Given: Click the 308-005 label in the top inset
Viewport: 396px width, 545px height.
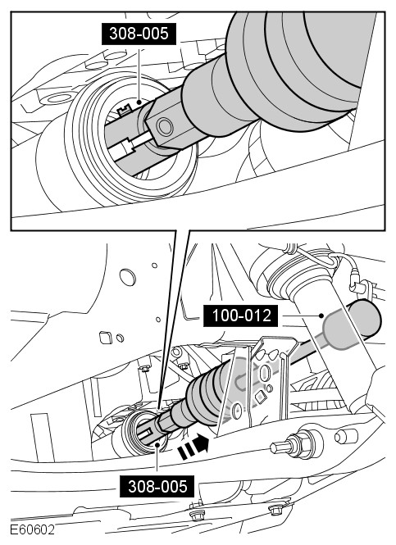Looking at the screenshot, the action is [139, 34].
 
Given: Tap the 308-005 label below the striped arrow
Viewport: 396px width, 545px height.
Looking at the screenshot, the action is [157, 486].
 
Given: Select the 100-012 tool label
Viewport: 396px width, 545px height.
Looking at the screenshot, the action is [241, 316].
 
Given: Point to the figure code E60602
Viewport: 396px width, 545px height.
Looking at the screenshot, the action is [32, 529].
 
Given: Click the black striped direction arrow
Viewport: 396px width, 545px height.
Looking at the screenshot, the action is [193, 447].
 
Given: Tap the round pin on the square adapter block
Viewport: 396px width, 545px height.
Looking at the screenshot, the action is [165, 126].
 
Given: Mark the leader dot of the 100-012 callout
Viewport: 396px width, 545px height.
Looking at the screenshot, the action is [322, 316].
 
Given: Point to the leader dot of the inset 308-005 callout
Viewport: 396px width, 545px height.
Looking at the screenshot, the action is [139, 102].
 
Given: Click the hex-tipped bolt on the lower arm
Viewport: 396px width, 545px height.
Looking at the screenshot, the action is [291, 446].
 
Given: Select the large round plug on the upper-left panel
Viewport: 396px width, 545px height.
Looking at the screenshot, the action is [127, 277].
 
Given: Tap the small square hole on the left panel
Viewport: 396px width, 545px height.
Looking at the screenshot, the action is [106, 337].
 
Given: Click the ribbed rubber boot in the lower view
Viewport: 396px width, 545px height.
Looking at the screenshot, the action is [205, 396].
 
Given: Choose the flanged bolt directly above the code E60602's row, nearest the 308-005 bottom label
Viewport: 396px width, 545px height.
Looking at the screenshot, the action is [195, 514].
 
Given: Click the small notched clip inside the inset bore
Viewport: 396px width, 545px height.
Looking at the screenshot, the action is [124, 110].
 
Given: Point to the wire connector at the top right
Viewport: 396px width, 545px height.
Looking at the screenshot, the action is [356, 282].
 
